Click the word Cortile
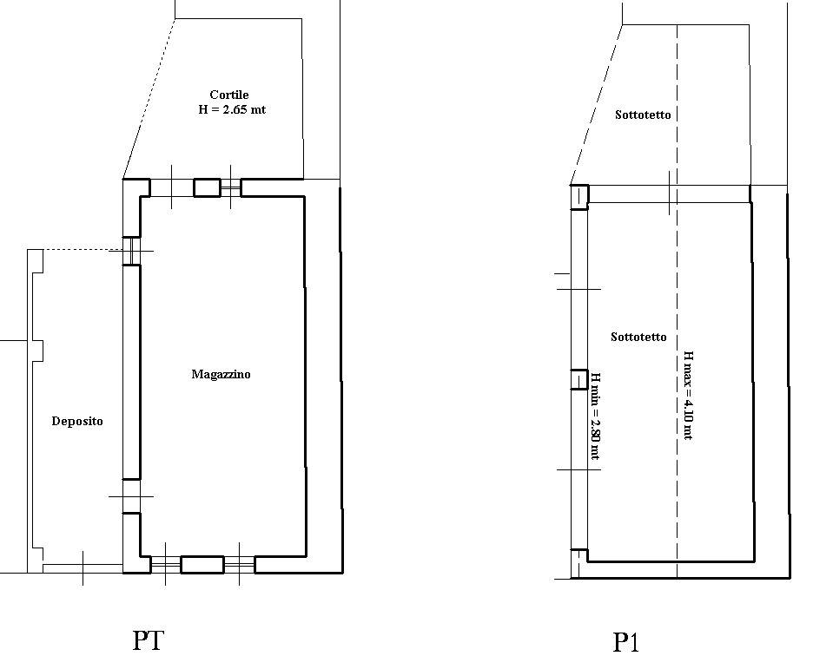coord(229,95)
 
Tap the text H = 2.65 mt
coord(232,110)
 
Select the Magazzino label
coord(221,375)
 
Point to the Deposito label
coord(77,421)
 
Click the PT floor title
coord(149,640)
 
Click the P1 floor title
coord(625,642)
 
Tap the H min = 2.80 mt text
coord(596,416)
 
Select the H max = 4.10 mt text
coord(687,396)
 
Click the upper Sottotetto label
coord(643,115)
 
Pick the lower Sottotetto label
coord(638,337)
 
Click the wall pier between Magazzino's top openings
coord(208,187)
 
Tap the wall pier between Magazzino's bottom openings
coord(202,565)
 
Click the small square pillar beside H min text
coord(579,379)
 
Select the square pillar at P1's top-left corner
coord(579,197)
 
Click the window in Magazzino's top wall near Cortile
coord(231,187)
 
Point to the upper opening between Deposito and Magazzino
coord(131,251)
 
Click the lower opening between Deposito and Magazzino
coord(131,496)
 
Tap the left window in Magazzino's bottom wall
coord(166,565)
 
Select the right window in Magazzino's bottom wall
coord(239,565)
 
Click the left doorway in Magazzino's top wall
coord(172,187)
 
